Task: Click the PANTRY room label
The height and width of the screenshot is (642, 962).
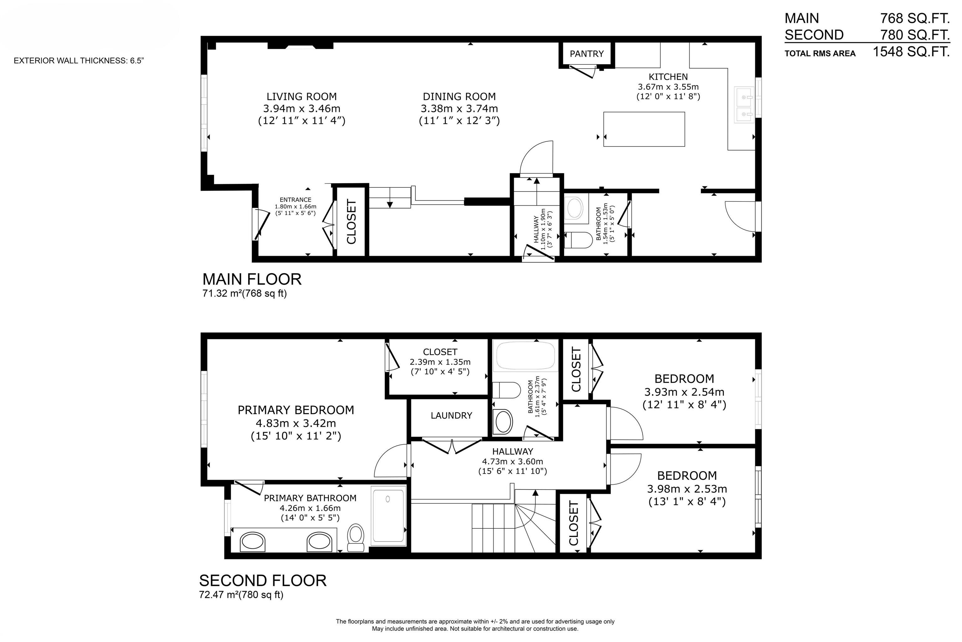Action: coord(587,53)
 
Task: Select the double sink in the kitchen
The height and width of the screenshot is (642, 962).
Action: coord(744,104)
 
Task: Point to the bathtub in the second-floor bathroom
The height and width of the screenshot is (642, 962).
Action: coord(526,357)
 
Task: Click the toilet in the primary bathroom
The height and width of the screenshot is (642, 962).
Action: coord(356,538)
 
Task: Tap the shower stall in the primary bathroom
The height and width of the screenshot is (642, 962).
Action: coord(388,516)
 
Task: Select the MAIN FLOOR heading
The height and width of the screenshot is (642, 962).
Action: coord(252,279)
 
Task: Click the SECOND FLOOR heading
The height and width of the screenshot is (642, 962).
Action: coord(263,581)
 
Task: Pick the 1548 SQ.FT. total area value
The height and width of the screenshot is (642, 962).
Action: coord(911,52)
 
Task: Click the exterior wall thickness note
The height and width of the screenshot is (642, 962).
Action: coord(79,61)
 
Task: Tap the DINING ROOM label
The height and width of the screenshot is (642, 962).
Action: coord(459,97)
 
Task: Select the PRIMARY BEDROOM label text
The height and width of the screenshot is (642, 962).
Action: coord(296,410)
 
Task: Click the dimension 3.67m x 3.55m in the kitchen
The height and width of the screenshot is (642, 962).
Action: coord(668,87)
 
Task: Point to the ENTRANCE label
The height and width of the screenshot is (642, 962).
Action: coord(295,200)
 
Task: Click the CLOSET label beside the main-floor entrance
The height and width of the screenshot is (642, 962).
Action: coord(351,222)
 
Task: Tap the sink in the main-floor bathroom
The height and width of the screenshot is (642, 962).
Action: coord(574,207)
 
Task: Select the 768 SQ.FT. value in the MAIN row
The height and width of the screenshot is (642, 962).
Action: coord(914,18)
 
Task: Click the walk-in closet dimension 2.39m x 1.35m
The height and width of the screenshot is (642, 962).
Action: coord(440,362)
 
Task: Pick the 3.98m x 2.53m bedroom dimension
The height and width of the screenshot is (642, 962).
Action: coord(687,489)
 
